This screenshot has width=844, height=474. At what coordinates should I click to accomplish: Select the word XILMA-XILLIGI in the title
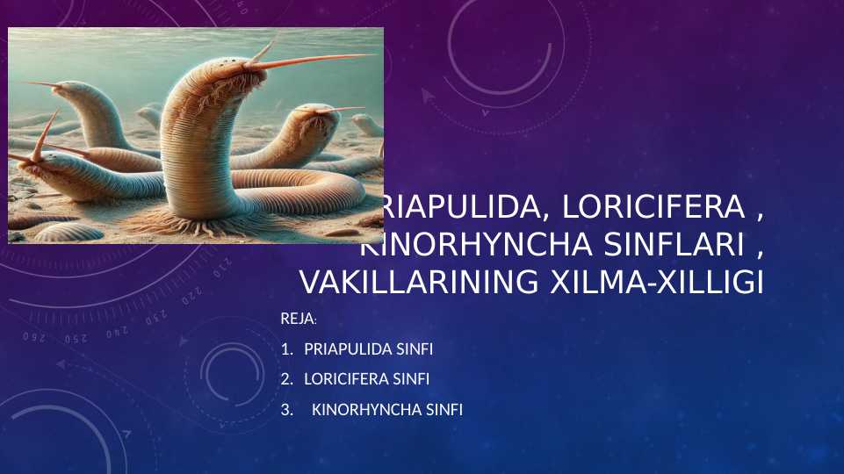(x=655, y=283)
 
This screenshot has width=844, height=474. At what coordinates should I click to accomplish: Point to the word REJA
(x=296, y=318)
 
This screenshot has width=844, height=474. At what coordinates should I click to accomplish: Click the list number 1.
(x=285, y=349)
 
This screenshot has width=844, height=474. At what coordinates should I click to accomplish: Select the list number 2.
(x=285, y=379)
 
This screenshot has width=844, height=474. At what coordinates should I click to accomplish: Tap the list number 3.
(x=285, y=409)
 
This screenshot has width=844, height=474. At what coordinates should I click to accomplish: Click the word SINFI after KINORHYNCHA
(x=444, y=409)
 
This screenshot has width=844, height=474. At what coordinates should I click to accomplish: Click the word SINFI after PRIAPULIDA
(x=415, y=349)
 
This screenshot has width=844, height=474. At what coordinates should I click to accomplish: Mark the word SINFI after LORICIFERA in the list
(x=412, y=379)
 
